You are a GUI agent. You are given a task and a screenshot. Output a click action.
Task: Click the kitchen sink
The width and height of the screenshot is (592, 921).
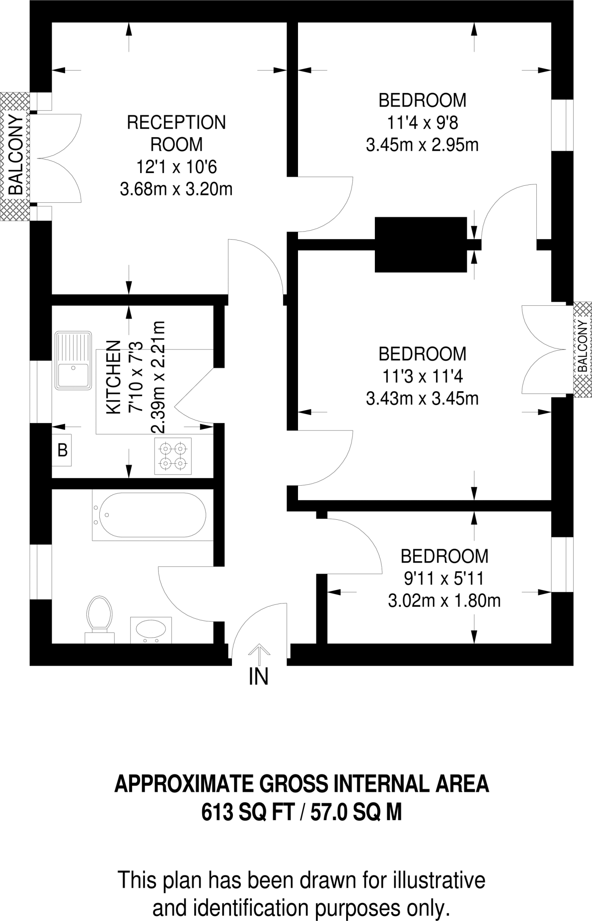click(x=73, y=360)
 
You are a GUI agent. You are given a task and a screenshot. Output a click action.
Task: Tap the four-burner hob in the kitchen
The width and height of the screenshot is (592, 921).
click(x=173, y=456)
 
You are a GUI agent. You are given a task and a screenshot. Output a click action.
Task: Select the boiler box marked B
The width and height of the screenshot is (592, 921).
click(x=62, y=450)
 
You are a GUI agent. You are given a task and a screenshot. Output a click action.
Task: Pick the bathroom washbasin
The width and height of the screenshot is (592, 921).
click(x=151, y=630)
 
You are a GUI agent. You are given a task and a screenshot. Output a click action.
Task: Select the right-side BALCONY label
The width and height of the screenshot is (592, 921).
click(x=583, y=346)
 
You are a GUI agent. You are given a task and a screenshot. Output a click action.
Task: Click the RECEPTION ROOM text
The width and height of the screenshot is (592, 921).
click(x=176, y=134)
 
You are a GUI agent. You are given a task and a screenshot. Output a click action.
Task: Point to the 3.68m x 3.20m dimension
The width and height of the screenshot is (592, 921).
click(x=176, y=189)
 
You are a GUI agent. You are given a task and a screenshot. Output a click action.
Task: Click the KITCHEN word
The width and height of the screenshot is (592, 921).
click(x=113, y=377)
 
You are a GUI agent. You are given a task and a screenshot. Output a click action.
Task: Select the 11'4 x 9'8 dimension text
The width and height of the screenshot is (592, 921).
click(x=422, y=122)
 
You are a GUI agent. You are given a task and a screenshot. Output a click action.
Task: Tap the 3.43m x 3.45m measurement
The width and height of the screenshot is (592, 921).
click(x=422, y=398)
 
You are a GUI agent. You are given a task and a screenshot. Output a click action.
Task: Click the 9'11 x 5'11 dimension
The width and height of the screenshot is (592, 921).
click(x=444, y=578)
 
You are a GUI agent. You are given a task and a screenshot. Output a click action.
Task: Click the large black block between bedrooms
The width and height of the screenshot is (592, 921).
click(x=421, y=244)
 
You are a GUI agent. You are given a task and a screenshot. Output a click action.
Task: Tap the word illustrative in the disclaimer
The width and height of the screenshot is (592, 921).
click(x=439, y=880)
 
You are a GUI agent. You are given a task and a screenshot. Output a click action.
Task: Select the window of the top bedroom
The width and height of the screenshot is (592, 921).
click(x=562, y=125)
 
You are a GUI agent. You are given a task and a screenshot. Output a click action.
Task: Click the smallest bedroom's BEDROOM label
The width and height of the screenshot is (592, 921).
click(x=444, y=556)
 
